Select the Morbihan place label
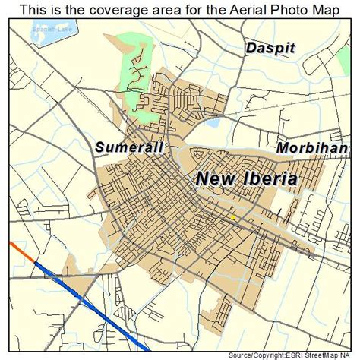point(312,147)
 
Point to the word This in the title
point(33,9)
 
